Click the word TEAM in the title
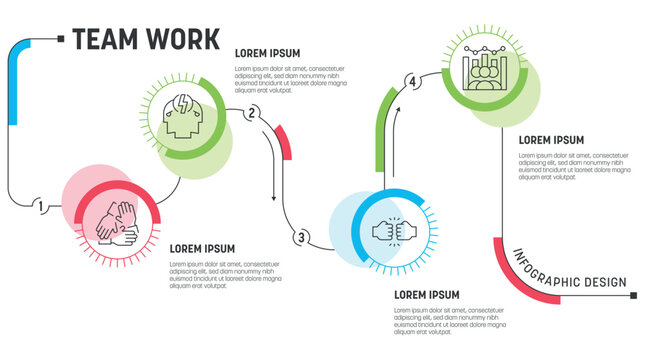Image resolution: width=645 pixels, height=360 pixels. click(x=106, y=39)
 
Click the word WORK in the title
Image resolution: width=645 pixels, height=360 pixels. click(x=182, y=39)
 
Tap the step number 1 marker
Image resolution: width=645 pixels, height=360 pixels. click(x=40, y=207)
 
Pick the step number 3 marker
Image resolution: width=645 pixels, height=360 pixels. click(x=300, y=237)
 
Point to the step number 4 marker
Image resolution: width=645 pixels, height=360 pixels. click(x=410, y=81)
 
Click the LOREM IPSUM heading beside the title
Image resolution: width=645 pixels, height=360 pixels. click(x=267, y=53)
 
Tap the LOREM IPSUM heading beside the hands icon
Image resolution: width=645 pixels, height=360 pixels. click(x=202, y=248)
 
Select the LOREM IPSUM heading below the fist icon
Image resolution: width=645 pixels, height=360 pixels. click(x=427, y=294)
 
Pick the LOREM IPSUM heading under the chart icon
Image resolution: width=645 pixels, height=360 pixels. click(x=551, y=140)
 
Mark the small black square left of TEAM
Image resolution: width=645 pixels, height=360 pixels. click(x=62, y=39)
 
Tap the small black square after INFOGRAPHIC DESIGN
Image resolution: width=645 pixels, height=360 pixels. click(x=635, y=296)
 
